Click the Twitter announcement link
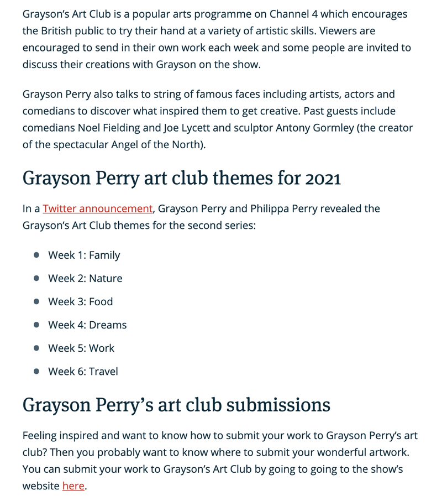coord(97,208)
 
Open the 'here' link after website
coord(73,486)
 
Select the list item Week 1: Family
coord(84,255)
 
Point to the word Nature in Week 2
coord(106,278)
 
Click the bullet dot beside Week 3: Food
coord(36,301)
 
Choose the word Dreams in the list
coord(108,325)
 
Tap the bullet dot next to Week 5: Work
coord(36,348)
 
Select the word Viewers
coord(339,30)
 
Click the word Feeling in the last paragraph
coord(41,436)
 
